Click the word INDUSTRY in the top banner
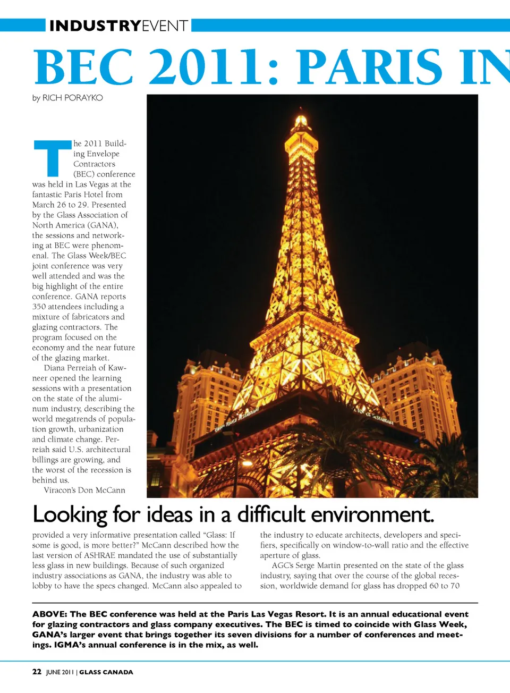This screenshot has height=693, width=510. pos(95,26)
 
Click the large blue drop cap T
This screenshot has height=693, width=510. pos(53,158)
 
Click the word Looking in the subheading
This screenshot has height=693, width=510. pos(70,514)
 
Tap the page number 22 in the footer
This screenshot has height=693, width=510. pos(37,672)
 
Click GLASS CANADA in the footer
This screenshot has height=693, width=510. pos(106,672)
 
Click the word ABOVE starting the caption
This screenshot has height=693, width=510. pos(49,614)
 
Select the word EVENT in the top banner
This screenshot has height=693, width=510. pos(165,26)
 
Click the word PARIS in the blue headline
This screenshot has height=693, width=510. pos(369,67)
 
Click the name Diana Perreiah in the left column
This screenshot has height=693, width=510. pos(70,368)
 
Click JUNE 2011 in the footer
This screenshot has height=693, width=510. pos(59,672)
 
